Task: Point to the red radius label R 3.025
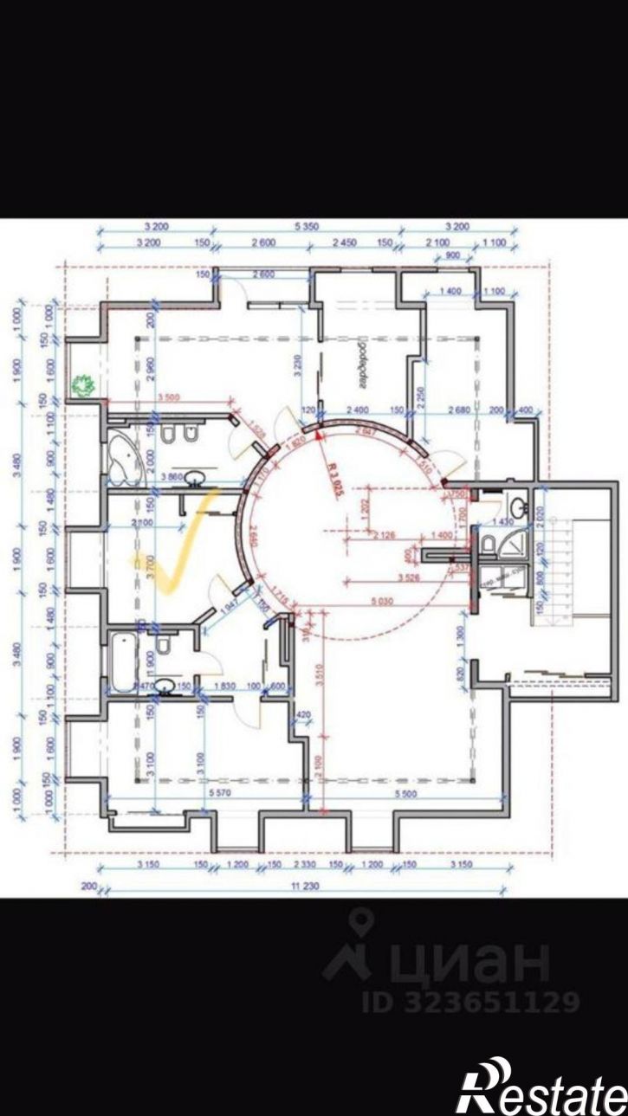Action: point(335,476)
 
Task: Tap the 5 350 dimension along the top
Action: point(308,227)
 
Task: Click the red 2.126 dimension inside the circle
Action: point(386,536)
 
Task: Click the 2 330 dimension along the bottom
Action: point(304,864)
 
